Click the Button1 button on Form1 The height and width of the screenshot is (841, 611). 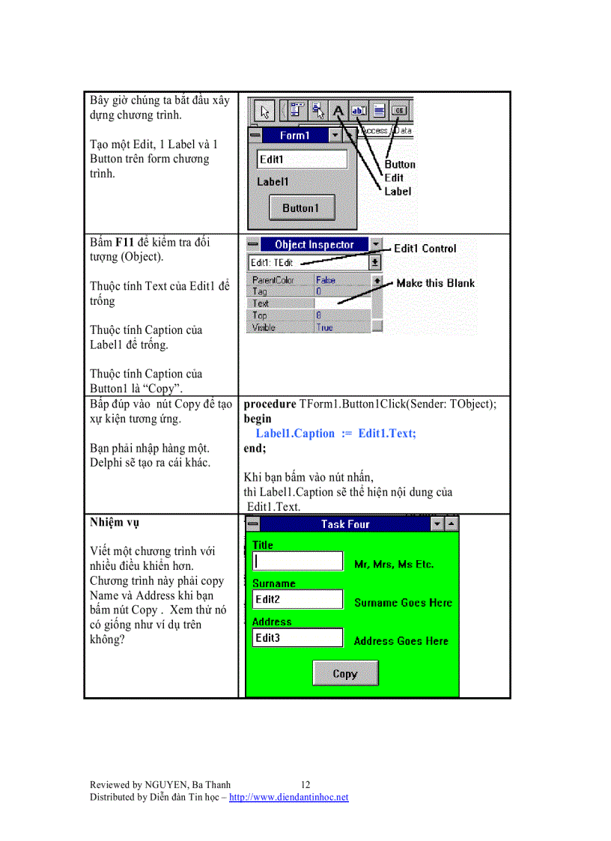click(301, 207)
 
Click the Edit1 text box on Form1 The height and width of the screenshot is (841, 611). click(302, 159)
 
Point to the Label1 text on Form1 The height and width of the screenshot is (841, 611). click(273, 181)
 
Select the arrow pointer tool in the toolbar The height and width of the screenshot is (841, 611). click(264, 112)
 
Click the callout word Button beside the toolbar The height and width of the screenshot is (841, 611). click(400, 164)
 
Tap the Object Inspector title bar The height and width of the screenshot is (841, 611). click(314, 244)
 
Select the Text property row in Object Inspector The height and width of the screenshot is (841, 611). click(281, 303)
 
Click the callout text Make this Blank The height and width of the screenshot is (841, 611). click(435, 283)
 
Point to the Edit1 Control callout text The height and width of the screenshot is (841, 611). click(425, 248)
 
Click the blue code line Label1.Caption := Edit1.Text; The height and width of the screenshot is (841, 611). click(335, 434)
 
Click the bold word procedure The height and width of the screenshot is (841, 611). click(270, 404)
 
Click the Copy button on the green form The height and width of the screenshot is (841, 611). click(345, 673)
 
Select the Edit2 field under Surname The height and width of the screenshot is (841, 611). click(297, 599)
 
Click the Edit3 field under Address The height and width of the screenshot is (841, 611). click(297, 637)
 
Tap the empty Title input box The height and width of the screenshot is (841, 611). click(297, 561)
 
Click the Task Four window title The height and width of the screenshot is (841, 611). click(345, 524)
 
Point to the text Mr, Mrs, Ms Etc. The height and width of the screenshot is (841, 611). click(394, 564)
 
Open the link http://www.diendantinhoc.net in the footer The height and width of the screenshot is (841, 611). click(288, 797)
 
